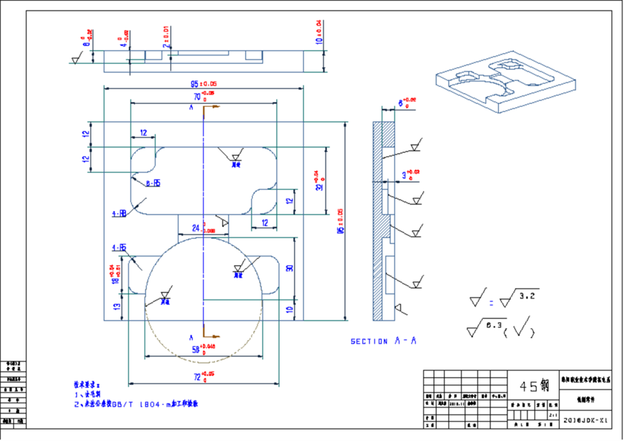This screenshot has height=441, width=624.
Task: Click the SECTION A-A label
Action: pos(383,342)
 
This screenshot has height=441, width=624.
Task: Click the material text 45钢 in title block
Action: pos(534,386)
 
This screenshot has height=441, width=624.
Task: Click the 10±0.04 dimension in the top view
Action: pos(319,34)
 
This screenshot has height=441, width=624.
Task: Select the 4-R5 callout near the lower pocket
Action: pos(119,248)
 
